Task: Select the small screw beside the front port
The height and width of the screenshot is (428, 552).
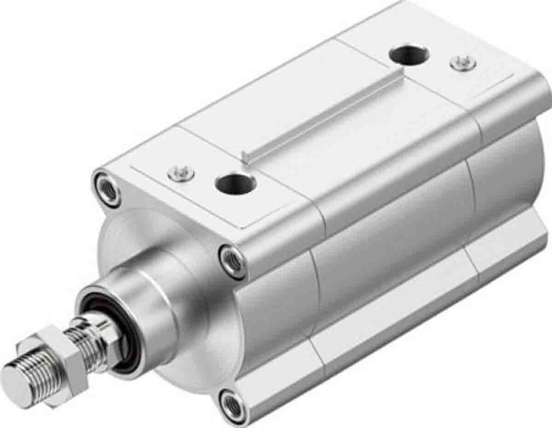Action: tap(181, 173)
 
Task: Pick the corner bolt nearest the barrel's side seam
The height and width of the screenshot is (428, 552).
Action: tap(233, 261)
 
